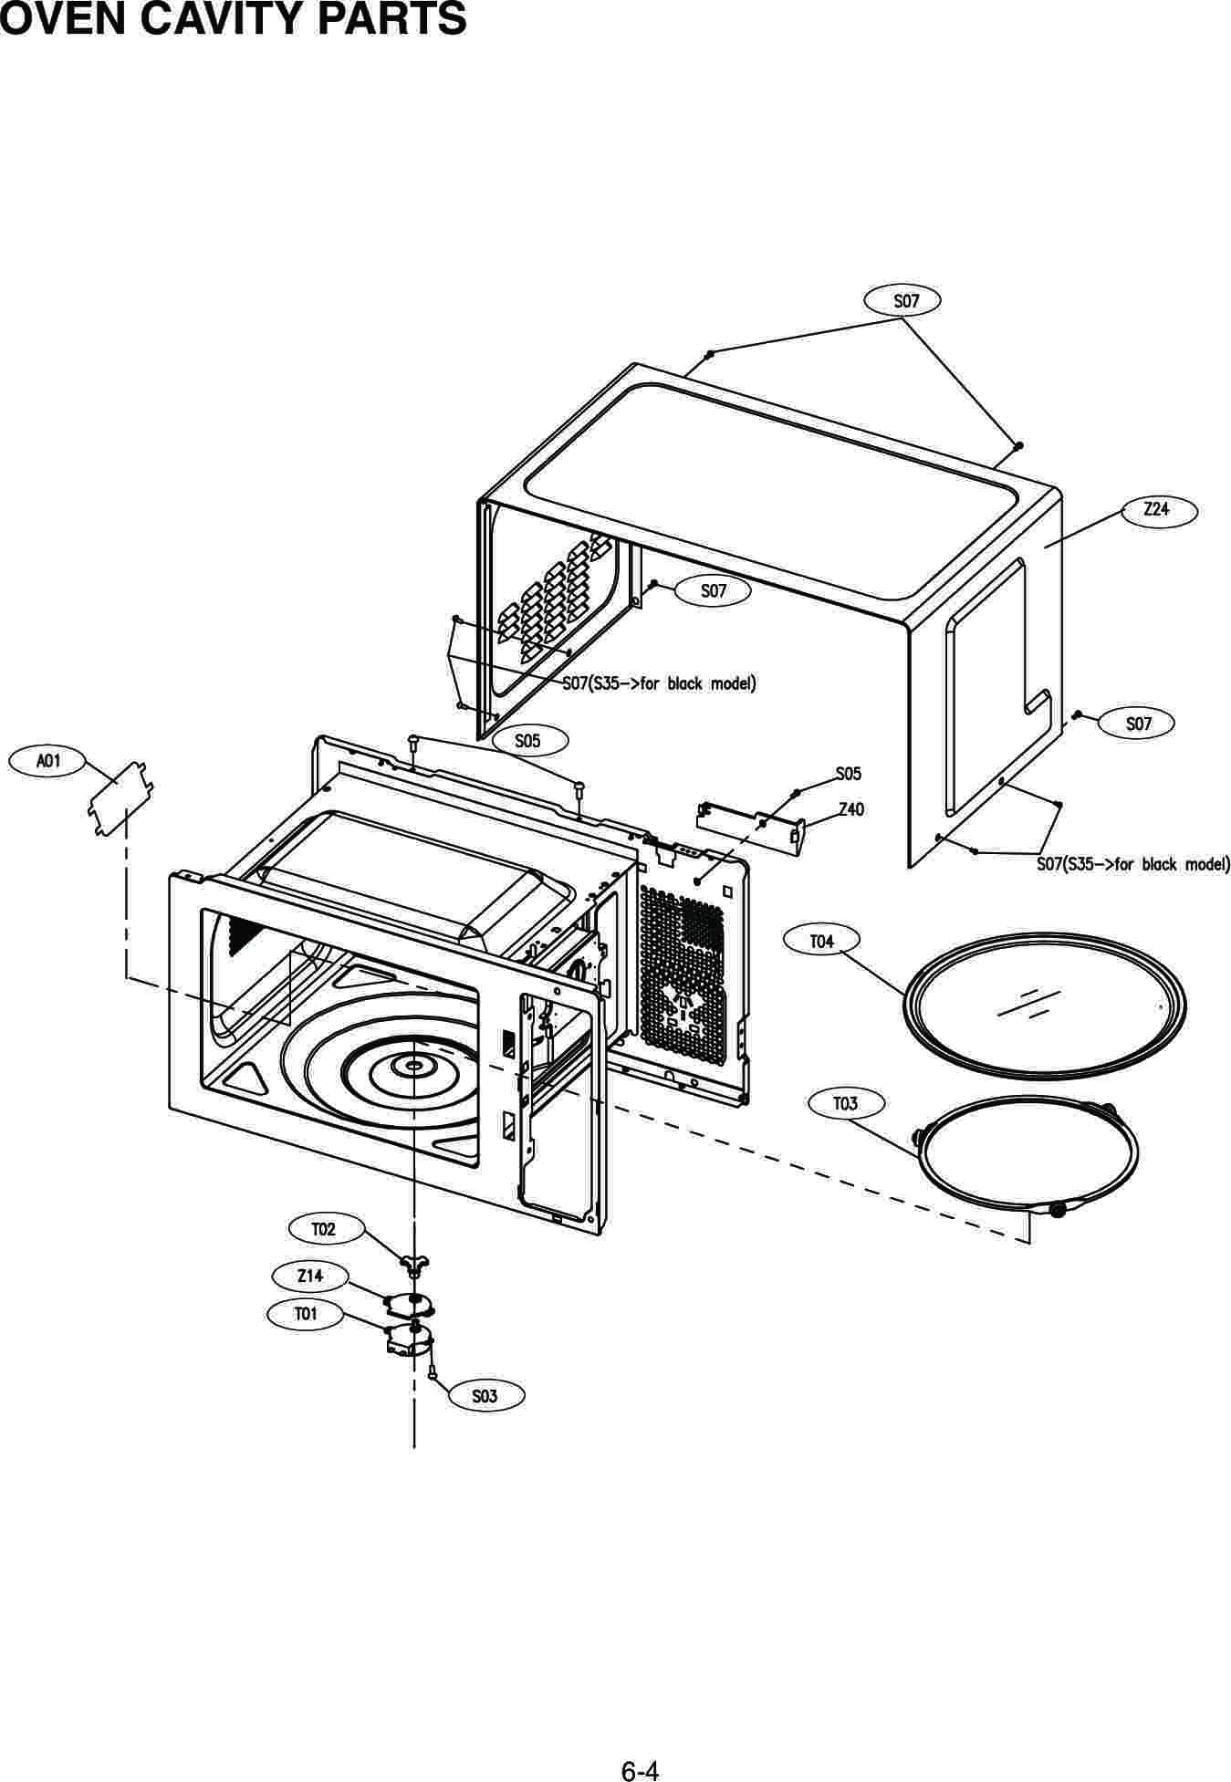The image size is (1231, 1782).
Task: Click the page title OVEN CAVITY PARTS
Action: [x=234, y=20]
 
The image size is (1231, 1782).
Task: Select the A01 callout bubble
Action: [x=47, y=760]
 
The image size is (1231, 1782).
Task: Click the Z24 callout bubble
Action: [x=1156, y=510]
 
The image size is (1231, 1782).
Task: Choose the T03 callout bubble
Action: [x=845, y=1104]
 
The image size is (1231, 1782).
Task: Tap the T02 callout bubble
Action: [x=323, y=1229]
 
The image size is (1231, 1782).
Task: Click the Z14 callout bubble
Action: [x=310, y=1276]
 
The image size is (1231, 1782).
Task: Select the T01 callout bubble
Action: [x=305, y=1314]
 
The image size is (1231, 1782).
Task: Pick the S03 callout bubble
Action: [x=485, y=1396]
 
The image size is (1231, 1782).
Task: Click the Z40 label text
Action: [x=850, y=809]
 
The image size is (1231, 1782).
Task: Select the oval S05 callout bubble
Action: [x=527, y=741]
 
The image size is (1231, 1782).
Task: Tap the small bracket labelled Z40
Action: [x=750, y=825]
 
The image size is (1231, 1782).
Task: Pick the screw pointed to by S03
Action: [x=433, y=1370]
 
